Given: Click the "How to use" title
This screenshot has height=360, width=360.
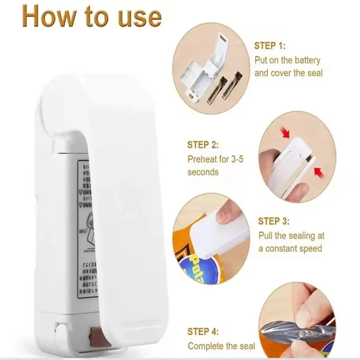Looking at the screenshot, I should point(92,17).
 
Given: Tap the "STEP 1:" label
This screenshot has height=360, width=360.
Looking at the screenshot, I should point(270,45).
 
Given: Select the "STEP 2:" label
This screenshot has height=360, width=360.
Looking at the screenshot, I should point(202,145).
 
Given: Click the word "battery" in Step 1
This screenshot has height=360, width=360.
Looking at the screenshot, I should point(307,59).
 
